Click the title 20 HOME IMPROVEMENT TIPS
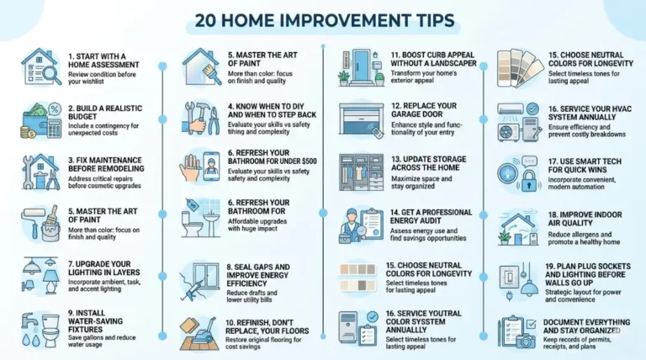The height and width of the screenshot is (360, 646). click(323, 19)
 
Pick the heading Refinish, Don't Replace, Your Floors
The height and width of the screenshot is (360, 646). click(267, 327)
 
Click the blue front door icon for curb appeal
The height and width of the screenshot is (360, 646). click(360, 66)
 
